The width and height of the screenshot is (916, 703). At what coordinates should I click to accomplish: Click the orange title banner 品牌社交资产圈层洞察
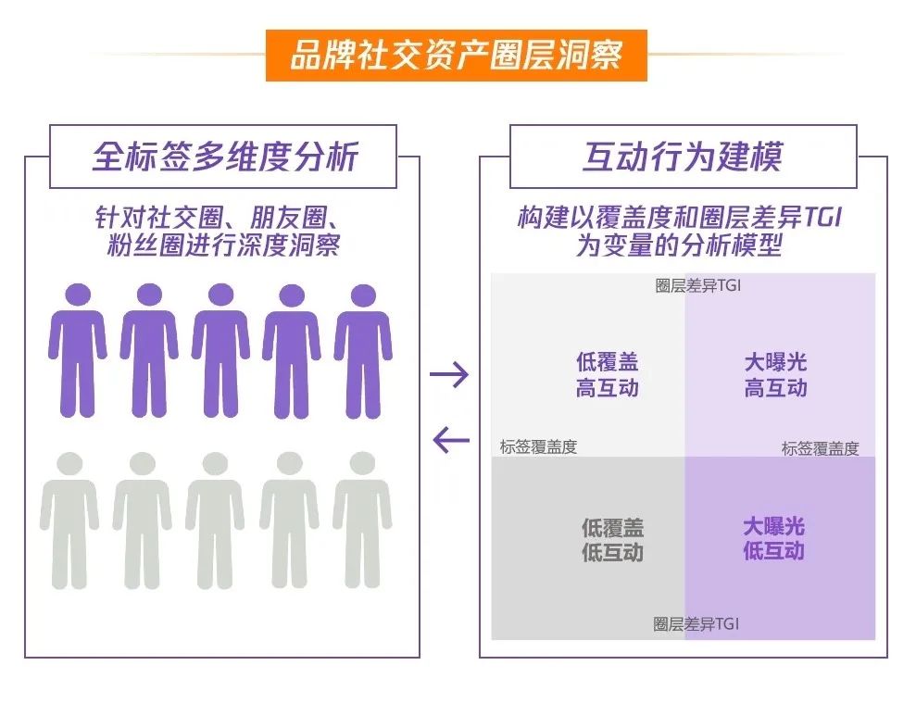coord(457,56)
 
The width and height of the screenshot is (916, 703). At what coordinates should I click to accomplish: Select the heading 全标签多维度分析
coord(225,157)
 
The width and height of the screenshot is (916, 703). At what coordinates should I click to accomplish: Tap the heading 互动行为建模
coord(683,157)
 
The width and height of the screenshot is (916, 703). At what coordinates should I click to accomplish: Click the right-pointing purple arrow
coord(449,374)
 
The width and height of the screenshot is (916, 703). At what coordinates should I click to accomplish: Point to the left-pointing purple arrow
coord(451,439)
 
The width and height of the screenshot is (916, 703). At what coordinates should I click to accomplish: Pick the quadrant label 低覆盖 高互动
coord(607,374)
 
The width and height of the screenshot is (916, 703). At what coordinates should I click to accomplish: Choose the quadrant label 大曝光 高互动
coord(776,374)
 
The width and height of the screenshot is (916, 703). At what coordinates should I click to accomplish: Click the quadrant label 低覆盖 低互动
coord(612,540)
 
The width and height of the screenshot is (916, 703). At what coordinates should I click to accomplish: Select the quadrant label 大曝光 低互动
coord(774,538)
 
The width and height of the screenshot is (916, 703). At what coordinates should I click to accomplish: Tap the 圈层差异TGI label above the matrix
coord(697,285)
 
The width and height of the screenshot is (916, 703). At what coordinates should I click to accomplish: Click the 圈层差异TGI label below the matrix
coord(696,624)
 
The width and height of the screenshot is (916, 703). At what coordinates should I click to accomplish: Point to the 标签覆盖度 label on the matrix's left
coord(539,447)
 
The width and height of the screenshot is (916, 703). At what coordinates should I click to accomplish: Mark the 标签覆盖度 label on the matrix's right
coord(821,449)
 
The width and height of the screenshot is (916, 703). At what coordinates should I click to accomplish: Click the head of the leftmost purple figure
coord(78,295)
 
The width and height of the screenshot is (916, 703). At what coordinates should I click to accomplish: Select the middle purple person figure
coord(220,351)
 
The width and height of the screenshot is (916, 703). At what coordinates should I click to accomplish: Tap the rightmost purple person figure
coord(363,352)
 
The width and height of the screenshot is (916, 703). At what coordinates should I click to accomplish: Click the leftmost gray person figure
coord(69,521)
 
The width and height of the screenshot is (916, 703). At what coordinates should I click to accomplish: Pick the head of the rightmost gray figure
coord(362,463)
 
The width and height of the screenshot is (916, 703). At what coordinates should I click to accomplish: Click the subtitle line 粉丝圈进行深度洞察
coord(224,245)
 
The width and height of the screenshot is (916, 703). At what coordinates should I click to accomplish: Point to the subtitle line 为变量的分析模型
coord(679,245)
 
